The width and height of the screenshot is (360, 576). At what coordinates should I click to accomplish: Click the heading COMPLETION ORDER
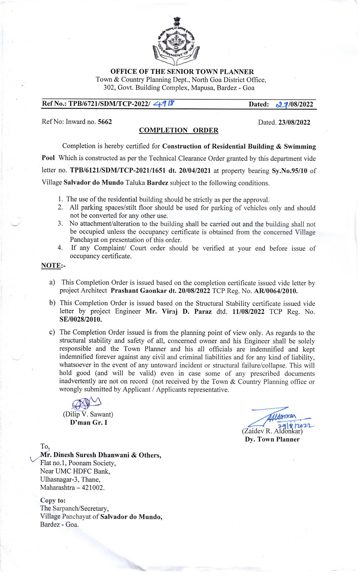179,130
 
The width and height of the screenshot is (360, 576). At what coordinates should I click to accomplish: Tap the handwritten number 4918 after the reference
163,104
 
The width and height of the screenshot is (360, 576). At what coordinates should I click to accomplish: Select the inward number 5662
105,122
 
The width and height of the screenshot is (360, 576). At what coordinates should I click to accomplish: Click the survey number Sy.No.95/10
289,171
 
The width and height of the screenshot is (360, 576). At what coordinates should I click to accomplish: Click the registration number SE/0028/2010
81,319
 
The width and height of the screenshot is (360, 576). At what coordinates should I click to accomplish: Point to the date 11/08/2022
248,312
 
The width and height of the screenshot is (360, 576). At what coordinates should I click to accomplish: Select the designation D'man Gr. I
89,423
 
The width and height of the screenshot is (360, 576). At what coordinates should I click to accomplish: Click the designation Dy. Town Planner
272,439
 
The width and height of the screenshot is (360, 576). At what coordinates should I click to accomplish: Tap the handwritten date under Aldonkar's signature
293,425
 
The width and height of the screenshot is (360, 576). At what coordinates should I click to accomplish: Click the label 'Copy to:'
53,500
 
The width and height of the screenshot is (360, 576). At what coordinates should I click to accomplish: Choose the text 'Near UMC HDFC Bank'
75,471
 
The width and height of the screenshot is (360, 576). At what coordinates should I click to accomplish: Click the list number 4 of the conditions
60,248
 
